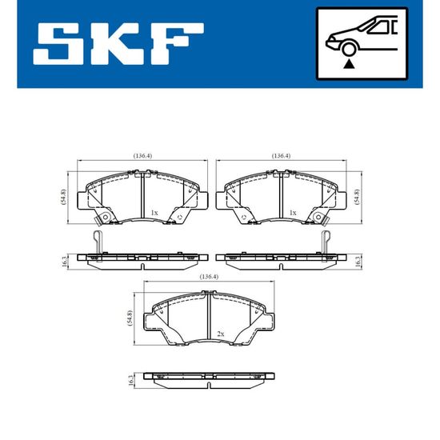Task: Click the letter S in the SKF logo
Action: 57,44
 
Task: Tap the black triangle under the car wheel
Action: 349,64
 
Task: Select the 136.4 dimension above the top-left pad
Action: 142,155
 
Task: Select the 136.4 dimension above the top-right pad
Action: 281,155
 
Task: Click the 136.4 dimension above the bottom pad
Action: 209,277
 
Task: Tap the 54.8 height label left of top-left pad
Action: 64,197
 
